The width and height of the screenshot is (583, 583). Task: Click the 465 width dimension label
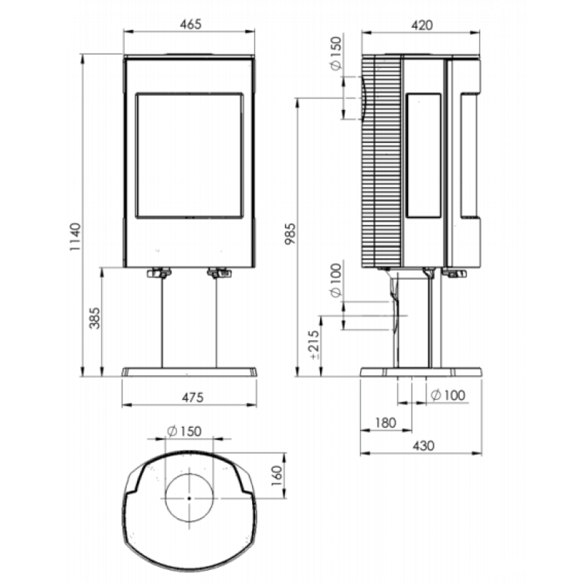[x=190, y=24]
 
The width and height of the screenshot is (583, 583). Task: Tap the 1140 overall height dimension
[x=75, y=236]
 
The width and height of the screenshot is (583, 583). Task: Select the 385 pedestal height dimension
[x=95, y=318]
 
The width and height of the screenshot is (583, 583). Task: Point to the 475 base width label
[x=192, y=397]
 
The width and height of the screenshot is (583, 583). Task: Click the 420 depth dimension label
[x=423, y=26]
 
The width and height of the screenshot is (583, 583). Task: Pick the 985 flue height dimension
[x=290, y=233]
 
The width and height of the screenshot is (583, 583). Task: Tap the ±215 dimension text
[x=315, y=345]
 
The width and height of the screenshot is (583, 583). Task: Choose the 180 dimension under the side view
[x=386, y=423]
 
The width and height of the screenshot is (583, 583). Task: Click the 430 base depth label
[x=423, y=445]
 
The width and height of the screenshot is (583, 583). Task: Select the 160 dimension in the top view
[x=277, y=476]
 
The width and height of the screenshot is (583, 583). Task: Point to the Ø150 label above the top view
[x=184, y=431]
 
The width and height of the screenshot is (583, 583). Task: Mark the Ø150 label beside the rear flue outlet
[x=336, y=53]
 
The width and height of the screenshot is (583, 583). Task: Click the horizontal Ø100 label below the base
[x=448, y=395]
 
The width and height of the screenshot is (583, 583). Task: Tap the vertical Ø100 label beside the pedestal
[x=336, y=281]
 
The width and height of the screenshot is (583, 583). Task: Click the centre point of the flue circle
[x=189, y=498]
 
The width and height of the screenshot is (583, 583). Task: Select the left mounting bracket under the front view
[x=159, y=273]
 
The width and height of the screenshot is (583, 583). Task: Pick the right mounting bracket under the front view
[x=219, y=273]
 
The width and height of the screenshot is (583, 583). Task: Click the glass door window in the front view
[x=189, y=155]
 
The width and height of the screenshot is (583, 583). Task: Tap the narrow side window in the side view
[x=424, y=155]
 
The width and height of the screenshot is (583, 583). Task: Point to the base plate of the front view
[x=189, y=372]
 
